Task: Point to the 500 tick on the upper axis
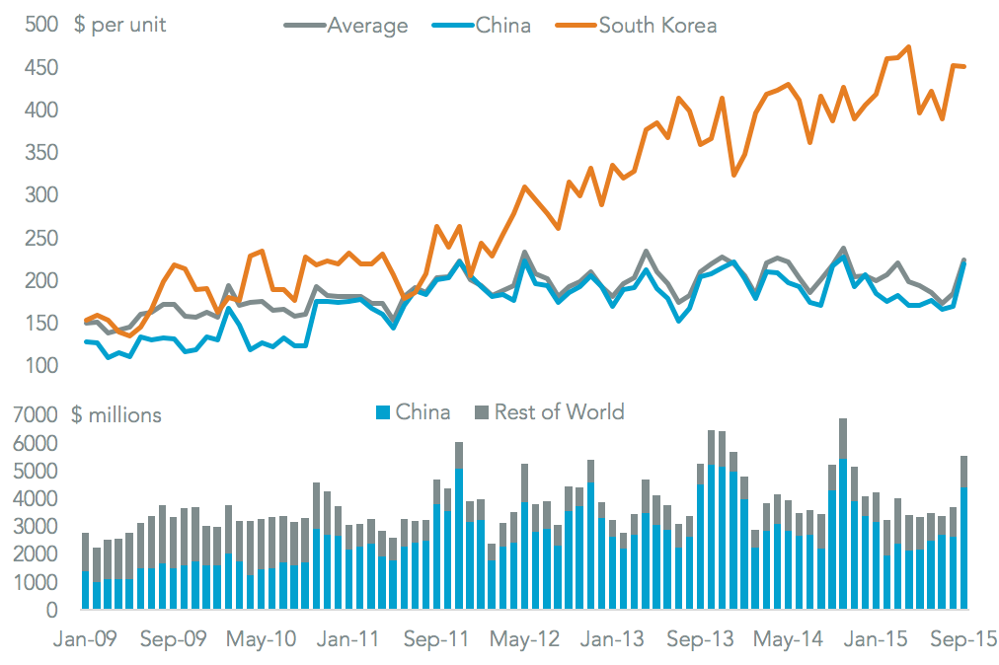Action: [x=38, y=25]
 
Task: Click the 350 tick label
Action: [x=38, y=153]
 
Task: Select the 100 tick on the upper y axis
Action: [x=38, y=366]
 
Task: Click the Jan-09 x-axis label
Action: [x=85, y=639]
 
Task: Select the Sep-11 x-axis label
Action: [x=436, y=639]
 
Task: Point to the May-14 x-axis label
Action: [x=788, y=639]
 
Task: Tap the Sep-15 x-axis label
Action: [x=962, y=639]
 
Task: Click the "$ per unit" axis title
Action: [x=120, y=26]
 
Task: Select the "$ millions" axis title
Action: [x=116, y=415]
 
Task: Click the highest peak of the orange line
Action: [x=908, y=46]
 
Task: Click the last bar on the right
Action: [x=963, y=533]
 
